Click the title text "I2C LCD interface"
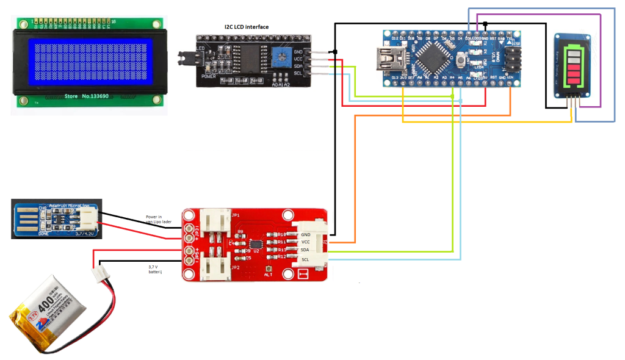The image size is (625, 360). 243,27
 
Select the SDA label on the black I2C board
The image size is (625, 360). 298,66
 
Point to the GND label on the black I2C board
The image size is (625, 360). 298,52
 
